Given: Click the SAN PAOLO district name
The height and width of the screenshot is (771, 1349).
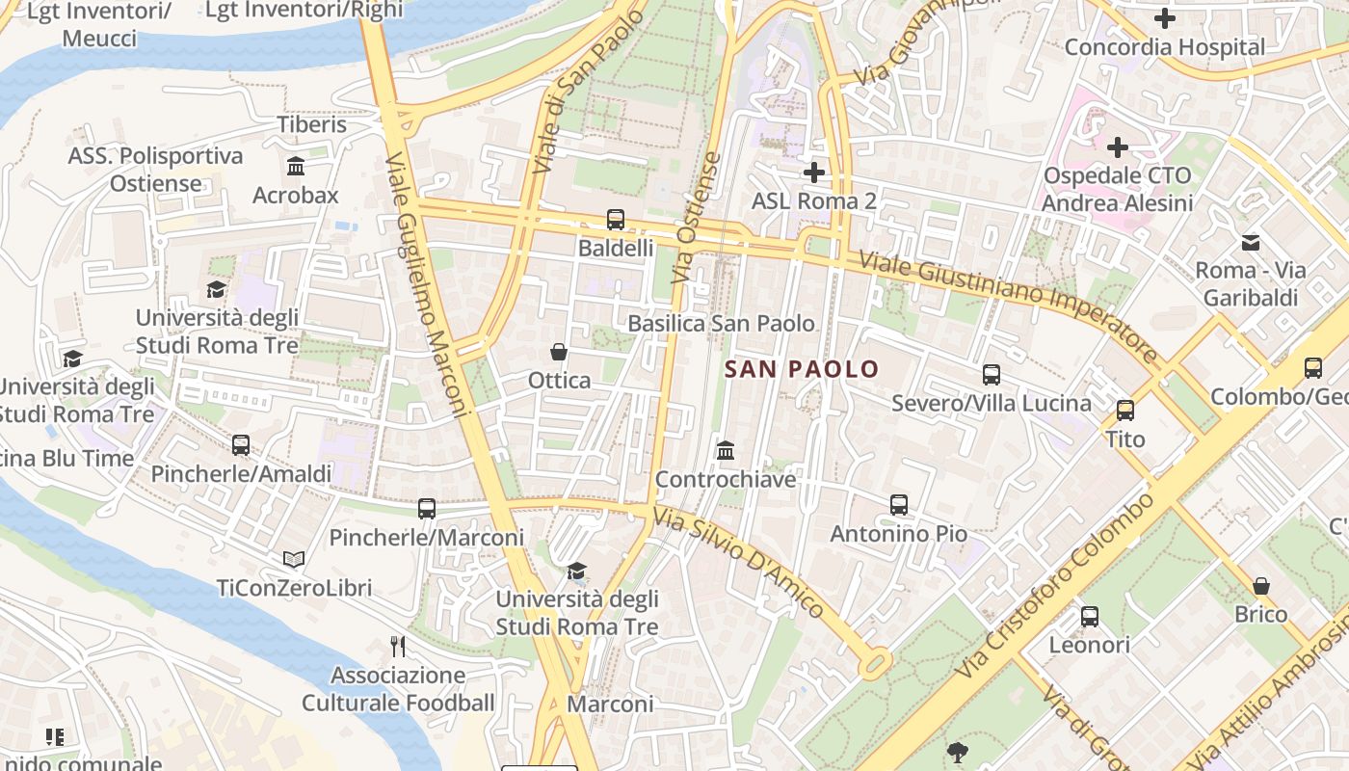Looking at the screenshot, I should [x=802, y=369].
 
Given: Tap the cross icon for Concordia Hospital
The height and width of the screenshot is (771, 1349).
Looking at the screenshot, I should [x=1164, y=18].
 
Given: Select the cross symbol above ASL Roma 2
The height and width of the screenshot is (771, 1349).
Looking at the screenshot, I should [x=814, y=173].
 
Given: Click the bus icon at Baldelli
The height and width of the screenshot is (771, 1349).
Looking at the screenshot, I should [x=616, y=220].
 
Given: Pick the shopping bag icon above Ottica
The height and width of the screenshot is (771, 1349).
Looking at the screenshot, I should [x=559, y=352].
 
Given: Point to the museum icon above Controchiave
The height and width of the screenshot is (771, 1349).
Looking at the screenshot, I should [x=726, y=450].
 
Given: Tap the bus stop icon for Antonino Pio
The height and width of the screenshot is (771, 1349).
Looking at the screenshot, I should [x=899, y=505].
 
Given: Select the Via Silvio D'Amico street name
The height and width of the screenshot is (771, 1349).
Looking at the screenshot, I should [x=739, y=562].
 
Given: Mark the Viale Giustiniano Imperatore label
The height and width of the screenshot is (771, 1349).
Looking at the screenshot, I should [x=1008, y=306].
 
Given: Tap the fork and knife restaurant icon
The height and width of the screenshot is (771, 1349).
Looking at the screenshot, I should [x=398, y=646].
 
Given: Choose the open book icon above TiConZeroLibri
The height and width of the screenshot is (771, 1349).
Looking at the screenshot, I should [x=294, y=559].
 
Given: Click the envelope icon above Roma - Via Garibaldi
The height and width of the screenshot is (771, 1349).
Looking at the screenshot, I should [x=1251, y=242].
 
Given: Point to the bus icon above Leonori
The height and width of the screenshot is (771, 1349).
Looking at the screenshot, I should [x=1090, y=617].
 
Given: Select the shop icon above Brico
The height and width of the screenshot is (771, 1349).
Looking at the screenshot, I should [x=1261, y=586].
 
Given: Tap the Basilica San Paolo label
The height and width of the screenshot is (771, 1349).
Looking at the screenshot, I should [x=721, y=324].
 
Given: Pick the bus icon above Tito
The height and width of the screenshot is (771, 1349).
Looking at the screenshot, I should [x=1125, y=411].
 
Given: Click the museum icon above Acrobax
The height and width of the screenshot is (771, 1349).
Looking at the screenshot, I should [x=296, y=167].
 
